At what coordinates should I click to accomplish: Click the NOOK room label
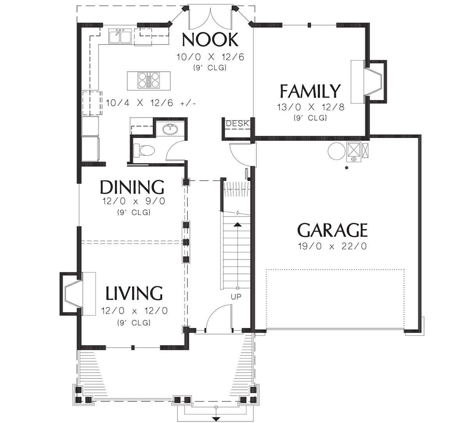point(210,40)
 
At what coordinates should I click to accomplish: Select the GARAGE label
point(332,230)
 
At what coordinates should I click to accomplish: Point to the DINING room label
point(132,187)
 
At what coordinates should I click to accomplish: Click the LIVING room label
point(134,293)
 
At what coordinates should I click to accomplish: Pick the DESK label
point(238,123)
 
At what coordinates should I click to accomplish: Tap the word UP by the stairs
point(236,297)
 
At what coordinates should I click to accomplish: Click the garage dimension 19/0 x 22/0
point(332,246)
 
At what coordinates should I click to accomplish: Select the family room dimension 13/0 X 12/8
point(311,107)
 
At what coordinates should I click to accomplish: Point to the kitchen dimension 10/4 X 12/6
point(151,103)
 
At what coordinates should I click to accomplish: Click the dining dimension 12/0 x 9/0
point(134,201)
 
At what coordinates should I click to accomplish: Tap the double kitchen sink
point(120,36)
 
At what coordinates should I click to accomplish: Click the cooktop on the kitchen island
point(149,80)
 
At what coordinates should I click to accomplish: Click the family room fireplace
point(369,82)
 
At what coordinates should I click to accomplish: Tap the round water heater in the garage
point(337,151)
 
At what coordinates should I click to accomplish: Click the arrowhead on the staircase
point(238,225)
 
